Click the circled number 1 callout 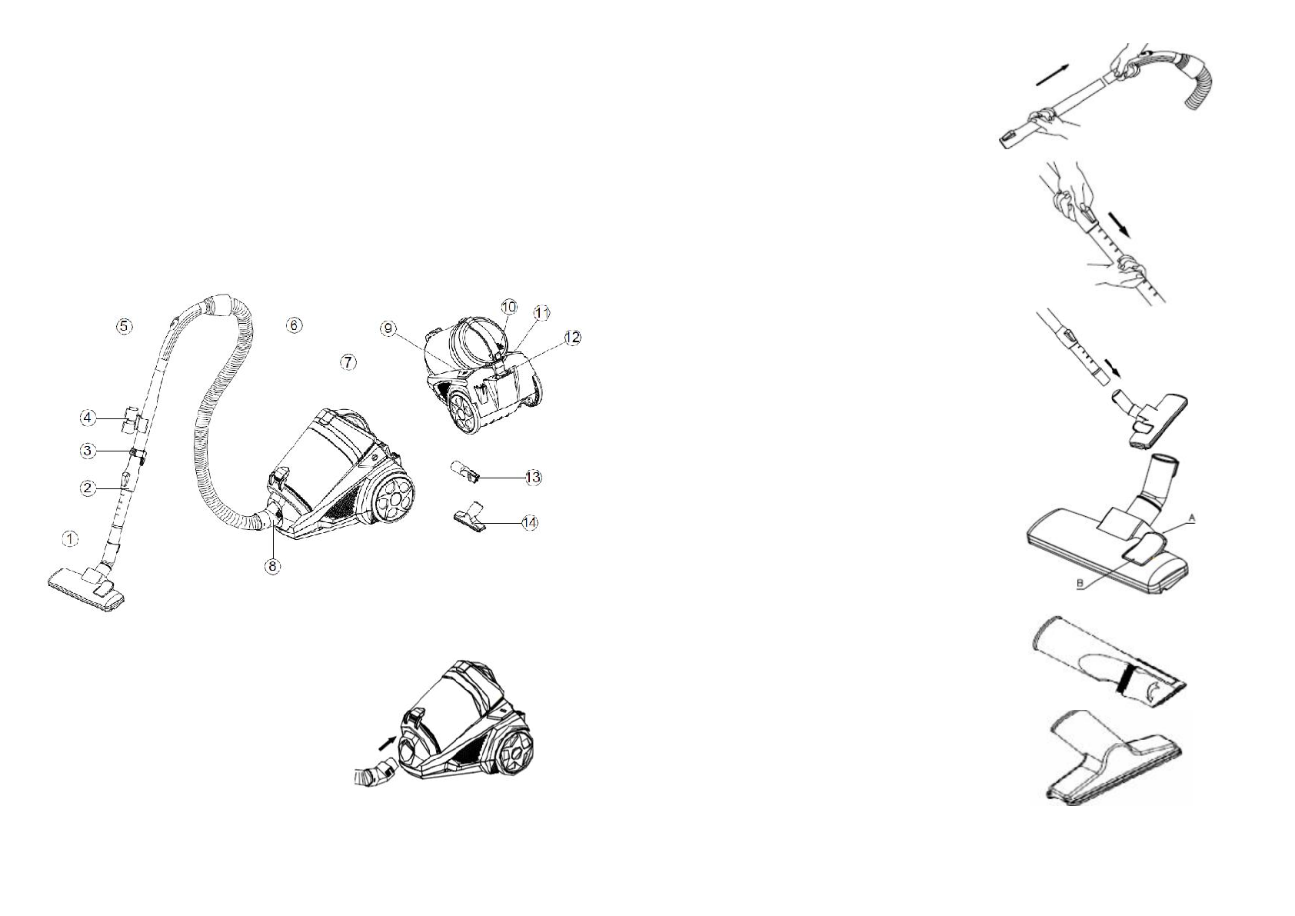(x=70, y=539)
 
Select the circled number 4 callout (x=88, y=418)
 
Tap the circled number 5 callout (x=124, y=326)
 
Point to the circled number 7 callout (x=348, y=361)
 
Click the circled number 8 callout (x=273, y=567)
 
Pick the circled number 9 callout (x=389, y=329)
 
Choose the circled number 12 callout (x=572, y=338)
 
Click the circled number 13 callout (x=533, y=478)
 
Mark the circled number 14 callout (x=530, y=523)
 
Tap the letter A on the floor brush (x=1192, y=519)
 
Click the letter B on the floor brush (x=1080, y=585)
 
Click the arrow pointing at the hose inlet (x=387, y=743)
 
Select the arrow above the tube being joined (x=1052, y=75)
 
